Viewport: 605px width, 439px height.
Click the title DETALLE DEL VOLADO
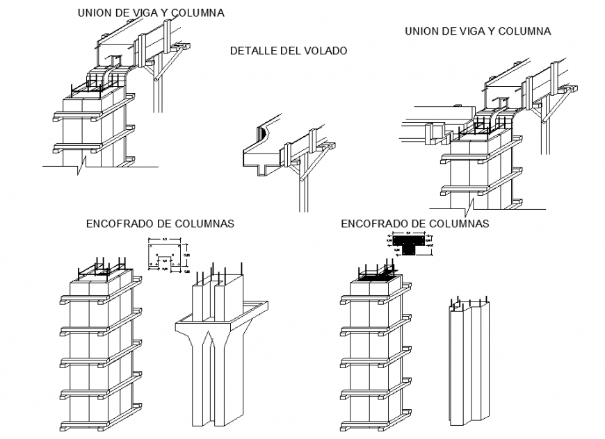tap(288, 51)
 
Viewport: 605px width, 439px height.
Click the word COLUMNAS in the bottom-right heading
tap(460, 224)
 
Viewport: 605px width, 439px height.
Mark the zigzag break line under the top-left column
tap(83, 165)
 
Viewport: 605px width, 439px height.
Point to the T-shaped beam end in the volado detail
tap(263, 167)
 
